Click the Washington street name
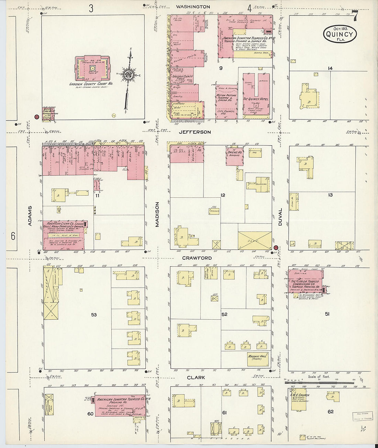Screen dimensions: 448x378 193,7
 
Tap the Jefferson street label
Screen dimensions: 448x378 194,132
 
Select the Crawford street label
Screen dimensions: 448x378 197,258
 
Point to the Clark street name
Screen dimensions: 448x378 196,377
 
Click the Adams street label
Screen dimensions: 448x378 30,216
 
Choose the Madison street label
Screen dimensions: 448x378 157,214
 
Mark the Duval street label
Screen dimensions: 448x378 280,217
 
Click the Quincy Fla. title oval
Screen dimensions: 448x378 340,34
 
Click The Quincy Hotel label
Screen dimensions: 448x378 256,99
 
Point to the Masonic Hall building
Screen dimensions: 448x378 258,358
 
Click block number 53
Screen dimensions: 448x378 94,314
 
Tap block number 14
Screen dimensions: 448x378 330,68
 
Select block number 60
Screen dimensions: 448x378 90,414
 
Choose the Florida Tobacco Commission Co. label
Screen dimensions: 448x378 305,283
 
